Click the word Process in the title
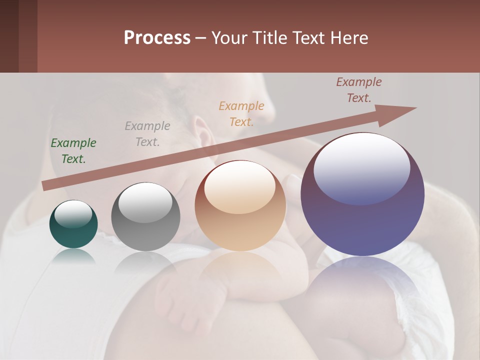pos(157,38)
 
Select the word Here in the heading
pos(347,38)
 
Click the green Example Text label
pos(73,150)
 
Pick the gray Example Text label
pos(147,133)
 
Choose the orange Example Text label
pos(241,113)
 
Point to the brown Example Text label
pos(359,90)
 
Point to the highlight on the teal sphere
pos(73,213)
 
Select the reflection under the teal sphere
pos(73,255)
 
